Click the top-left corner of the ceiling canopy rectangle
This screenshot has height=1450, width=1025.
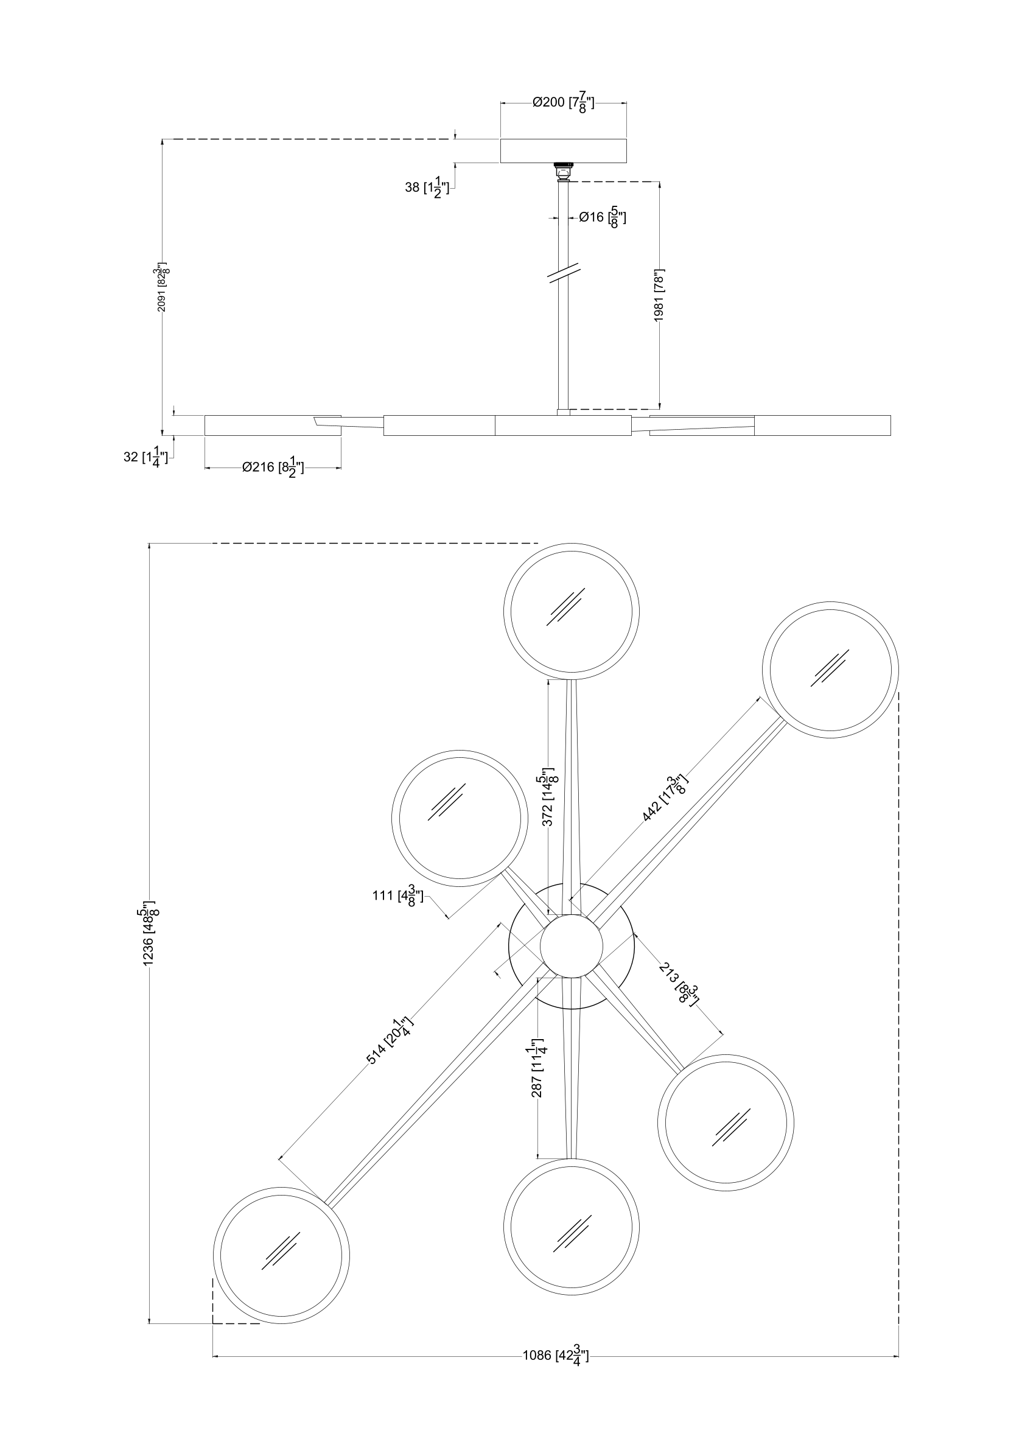coord(501,139)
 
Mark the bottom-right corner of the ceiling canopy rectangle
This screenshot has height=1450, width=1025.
coord(626,163)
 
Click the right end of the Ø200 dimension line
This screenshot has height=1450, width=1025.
coord(626,102)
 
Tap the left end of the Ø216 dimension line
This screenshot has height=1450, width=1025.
coord(205,468)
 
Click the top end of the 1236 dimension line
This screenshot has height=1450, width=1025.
coord(149,543)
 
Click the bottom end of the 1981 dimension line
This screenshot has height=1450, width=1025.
coord(660,409)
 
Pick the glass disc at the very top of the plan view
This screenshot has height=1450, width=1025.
coord(572,611)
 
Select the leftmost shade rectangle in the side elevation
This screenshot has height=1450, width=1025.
coord(273,426)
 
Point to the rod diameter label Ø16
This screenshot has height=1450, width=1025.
coord(603,218)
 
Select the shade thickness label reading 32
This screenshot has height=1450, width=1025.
coord(146,456)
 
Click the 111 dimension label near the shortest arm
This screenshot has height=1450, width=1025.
coord(398,896)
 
